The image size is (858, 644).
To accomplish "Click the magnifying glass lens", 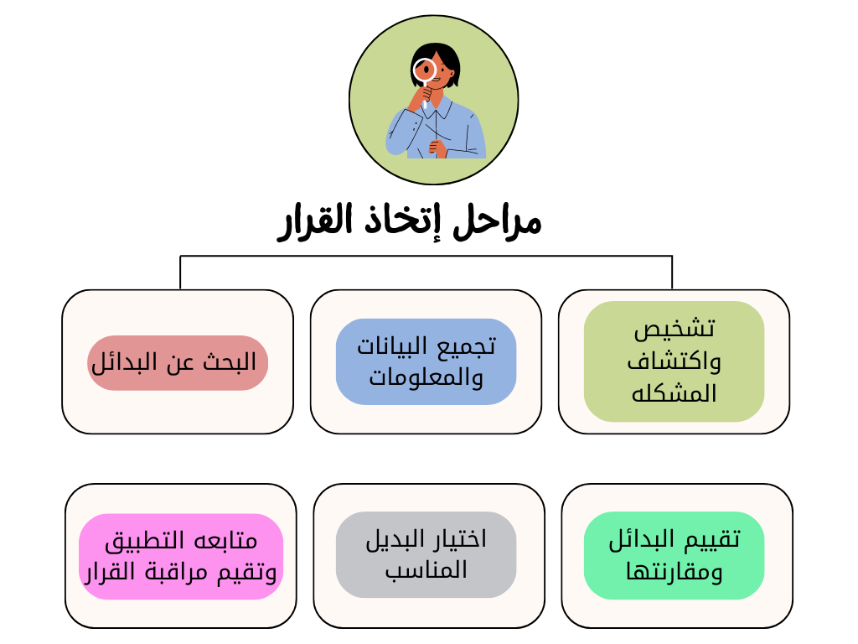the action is (x=425, y=70).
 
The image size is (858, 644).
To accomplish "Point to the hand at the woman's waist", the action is (x=437, y=148).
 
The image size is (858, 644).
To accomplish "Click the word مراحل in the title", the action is (x=497, y=222).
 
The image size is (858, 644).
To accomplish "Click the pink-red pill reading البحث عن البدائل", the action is (x=178, y=363).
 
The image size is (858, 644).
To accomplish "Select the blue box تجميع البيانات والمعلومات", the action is (x=426, y=362).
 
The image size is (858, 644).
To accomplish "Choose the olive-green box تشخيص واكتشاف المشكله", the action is (x=674, y=361).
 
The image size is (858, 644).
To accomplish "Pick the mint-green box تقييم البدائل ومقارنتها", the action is (x=674, y=555).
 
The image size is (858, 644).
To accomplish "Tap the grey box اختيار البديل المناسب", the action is (x=426, y=555).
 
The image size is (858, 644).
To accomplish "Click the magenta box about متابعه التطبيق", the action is (x=181, y=557).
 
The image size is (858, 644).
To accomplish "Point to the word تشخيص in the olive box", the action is (x=675, y=329).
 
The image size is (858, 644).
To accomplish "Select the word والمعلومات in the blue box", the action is (x=426, y=378).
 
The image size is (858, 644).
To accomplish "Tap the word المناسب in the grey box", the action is (x=426, y=570).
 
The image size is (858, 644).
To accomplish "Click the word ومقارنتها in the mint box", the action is (x=675, y=572).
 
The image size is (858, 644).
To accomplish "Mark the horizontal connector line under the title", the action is (x=426, y=256).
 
